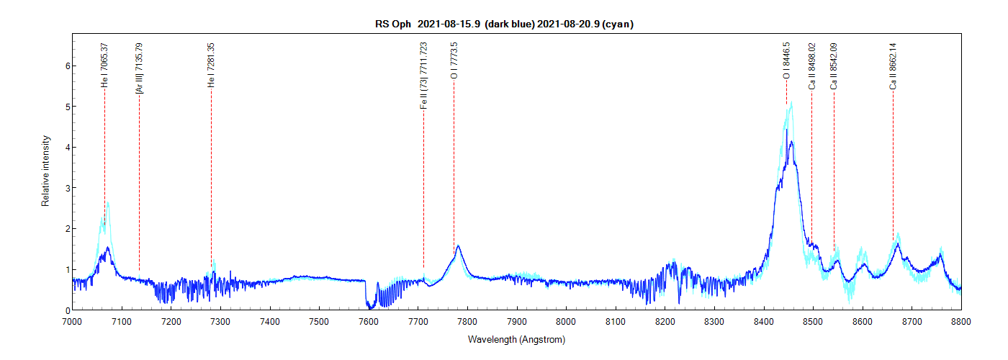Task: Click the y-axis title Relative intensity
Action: click(45, 171)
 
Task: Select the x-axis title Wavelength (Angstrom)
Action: click(516, 339)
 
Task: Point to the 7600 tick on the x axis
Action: click(369, 310)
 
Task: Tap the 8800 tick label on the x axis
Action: click(961, 321)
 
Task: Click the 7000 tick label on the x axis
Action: click(73, 321)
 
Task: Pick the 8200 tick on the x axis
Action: click(665, 310)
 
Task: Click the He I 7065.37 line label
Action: click(105, 66)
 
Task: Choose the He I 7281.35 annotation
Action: click(212, 66)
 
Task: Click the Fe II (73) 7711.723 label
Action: click(424, 76)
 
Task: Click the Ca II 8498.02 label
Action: click(812, 66)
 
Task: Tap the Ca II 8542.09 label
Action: click(834, 66)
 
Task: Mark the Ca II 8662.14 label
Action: click(894, 66)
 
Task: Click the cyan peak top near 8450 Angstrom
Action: click(792, 102)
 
